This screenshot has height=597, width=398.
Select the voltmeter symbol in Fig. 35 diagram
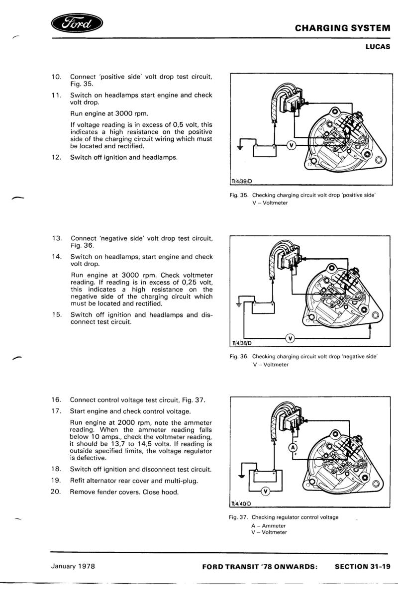[292, 145]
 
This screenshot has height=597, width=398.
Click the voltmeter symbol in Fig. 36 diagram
[291, 339]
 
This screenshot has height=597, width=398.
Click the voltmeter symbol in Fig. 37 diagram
[265, 492]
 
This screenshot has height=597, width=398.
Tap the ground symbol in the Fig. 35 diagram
[240, 147]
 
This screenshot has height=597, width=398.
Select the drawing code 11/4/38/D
[242, 344]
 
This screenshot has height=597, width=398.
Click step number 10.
[56, 77]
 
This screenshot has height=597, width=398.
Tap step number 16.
[56, 399]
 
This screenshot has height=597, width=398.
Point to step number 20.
[56, 492]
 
